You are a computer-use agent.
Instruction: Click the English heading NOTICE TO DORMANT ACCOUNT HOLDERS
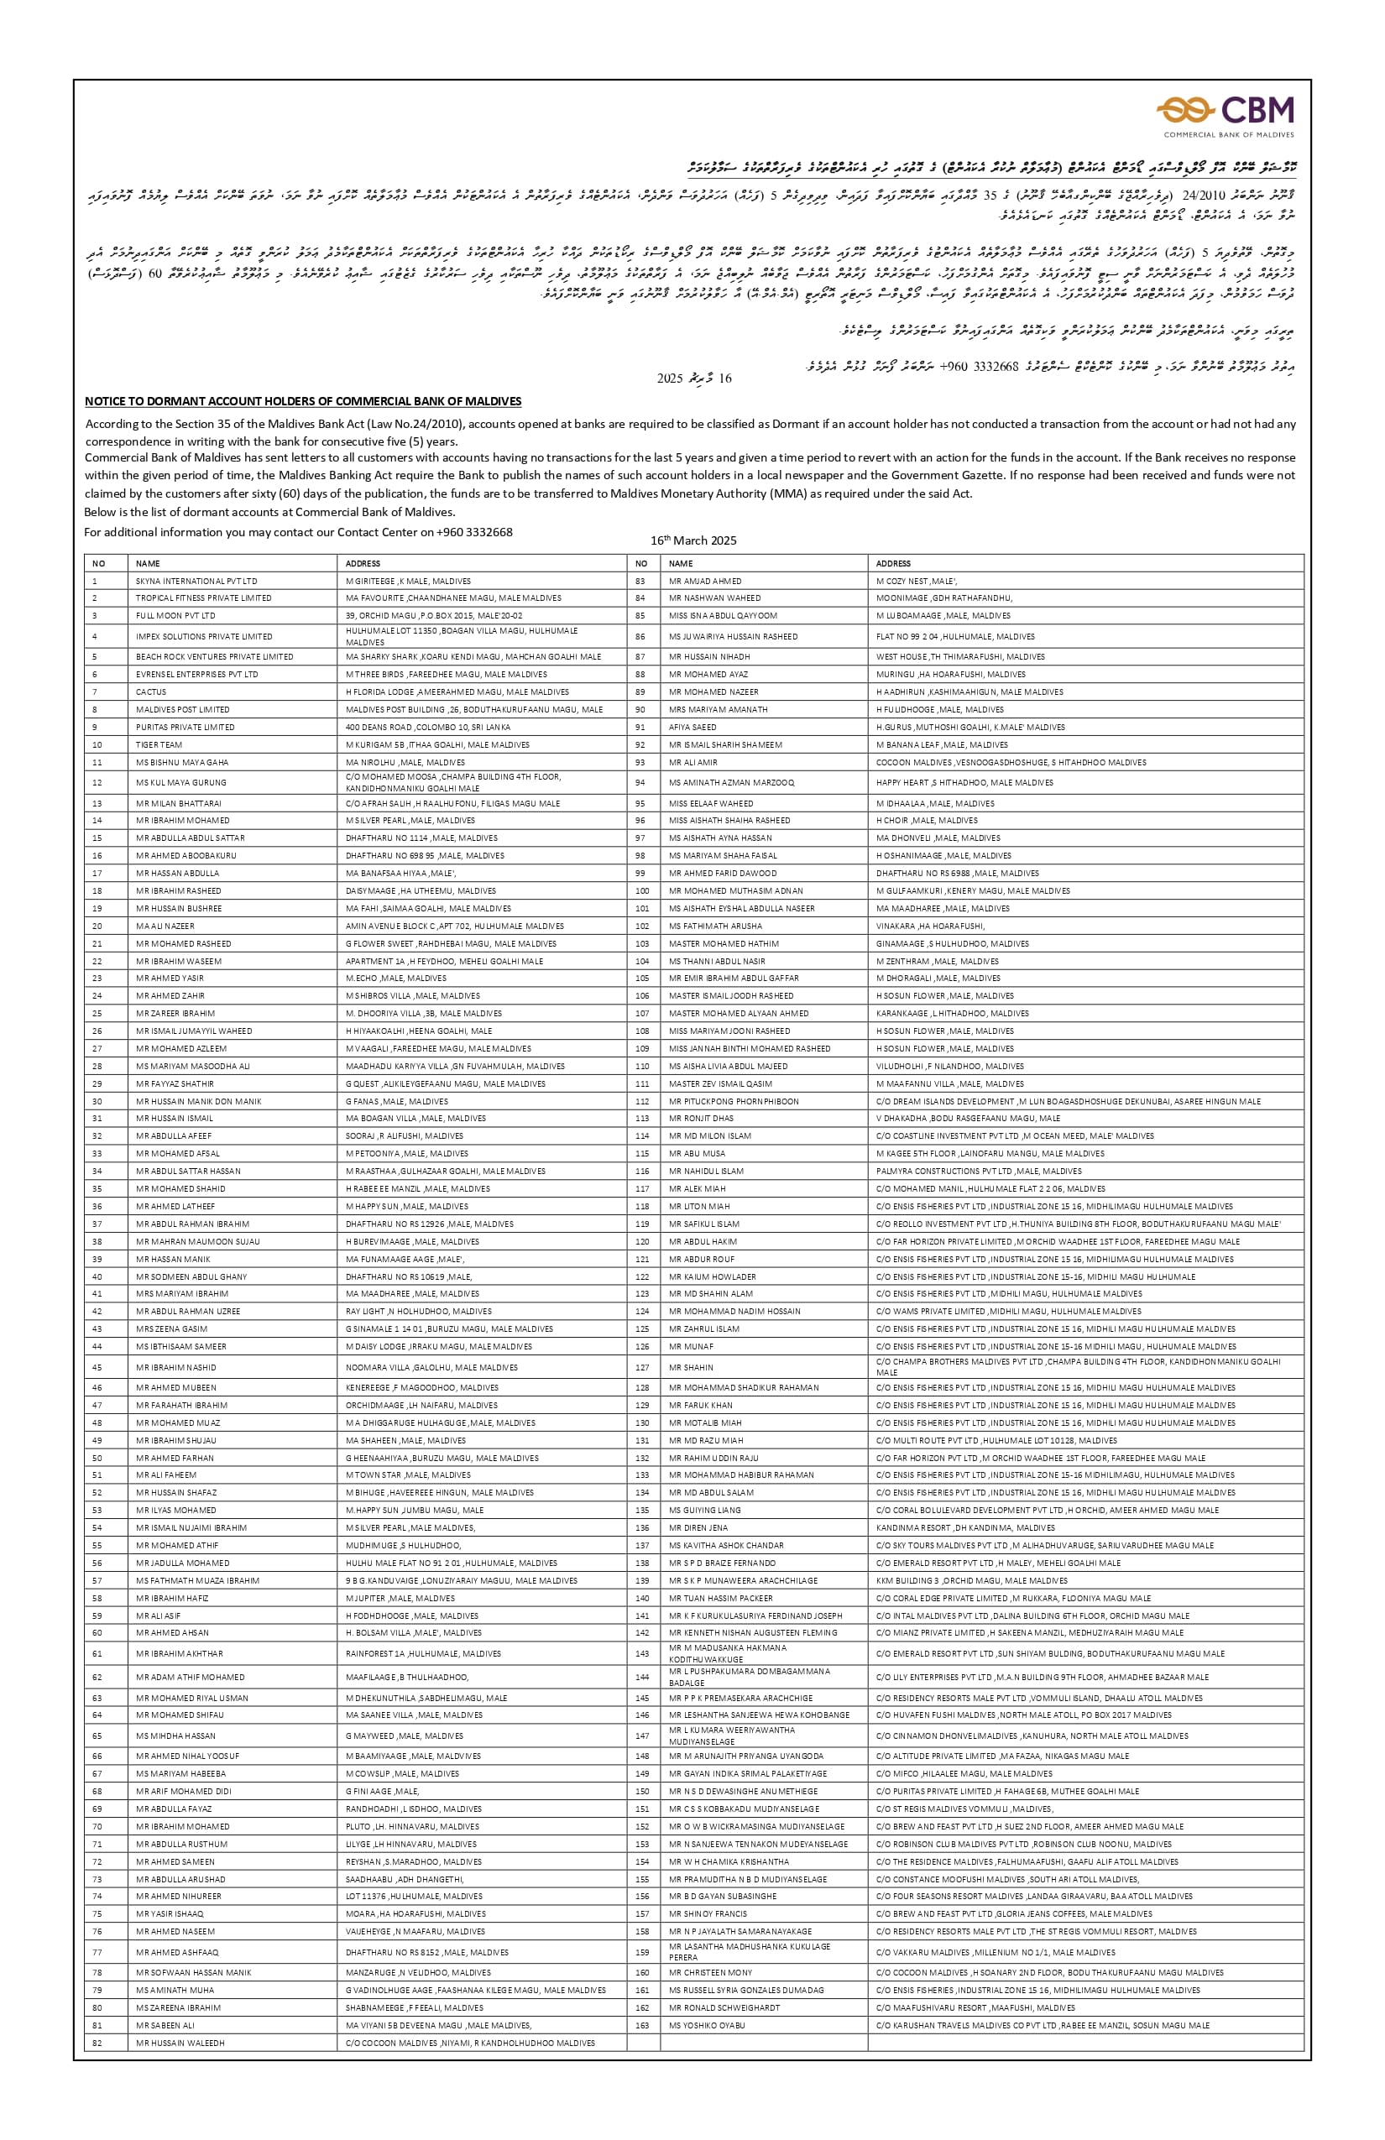click(x=303, y=401)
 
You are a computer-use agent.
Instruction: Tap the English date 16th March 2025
click(x=693, y=540)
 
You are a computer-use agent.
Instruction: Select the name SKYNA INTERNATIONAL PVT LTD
click(x=196, y=581)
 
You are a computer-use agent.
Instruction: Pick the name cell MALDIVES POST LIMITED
click(x=183, y=709)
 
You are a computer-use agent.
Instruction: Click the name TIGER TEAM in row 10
click(x=159, y=744)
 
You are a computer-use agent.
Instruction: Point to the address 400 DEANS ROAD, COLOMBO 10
click(x=428, y=727)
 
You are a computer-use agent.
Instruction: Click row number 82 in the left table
click(x=97, y=2043)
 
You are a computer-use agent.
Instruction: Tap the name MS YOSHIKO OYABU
click(x=707, y=2025)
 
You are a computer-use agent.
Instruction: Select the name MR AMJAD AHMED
click(x=705, y=581)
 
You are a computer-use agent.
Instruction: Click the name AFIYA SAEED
click(x=692, y=727)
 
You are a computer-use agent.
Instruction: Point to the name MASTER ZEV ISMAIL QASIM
click(x=720, y=1083)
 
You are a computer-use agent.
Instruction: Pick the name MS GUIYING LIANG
click(x=705, y=1510)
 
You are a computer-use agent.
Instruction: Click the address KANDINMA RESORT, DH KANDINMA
click(x=953, y=1527)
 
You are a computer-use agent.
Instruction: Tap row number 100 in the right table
click(x=642, y=890)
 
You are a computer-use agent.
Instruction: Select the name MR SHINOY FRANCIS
click(x=708, y=1913)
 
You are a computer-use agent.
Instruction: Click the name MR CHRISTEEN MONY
click(x=710, y=1972)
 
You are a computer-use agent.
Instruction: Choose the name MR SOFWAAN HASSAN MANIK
click(x=193, y=1972)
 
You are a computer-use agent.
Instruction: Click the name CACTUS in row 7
click(x=151, y=692)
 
